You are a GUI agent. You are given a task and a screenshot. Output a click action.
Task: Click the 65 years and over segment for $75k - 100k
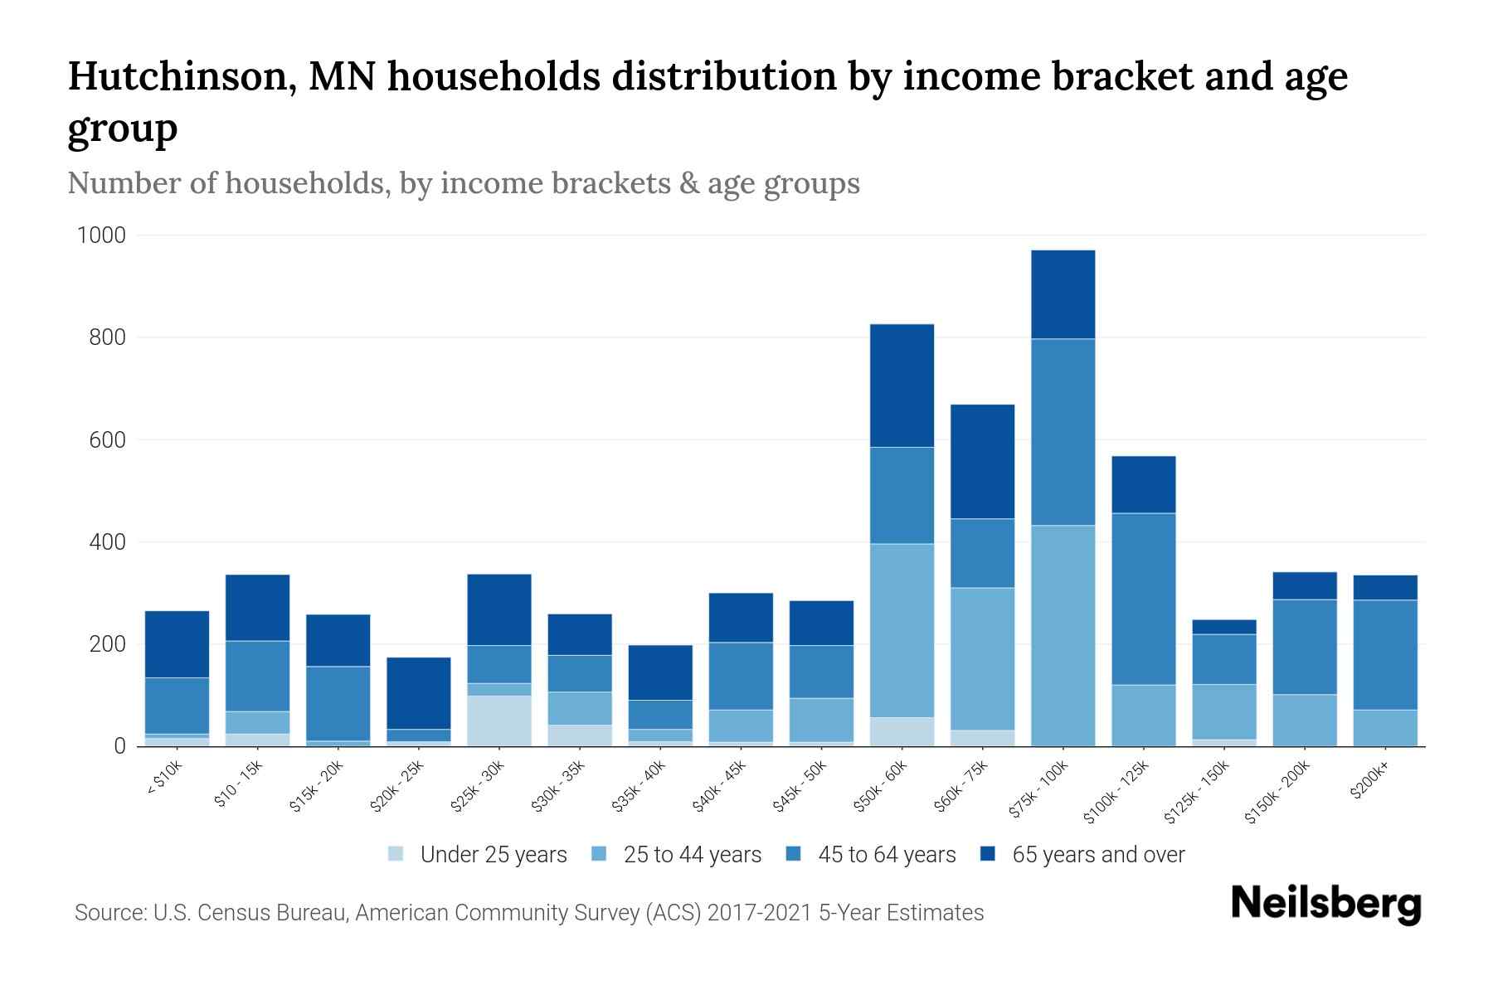click(1063, 294)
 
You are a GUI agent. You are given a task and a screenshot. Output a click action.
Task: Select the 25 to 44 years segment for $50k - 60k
click(902, 630)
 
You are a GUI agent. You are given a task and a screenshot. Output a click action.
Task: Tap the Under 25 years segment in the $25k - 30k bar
click(499, 721)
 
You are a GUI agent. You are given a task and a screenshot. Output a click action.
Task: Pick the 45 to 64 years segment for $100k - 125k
click(1143, 599)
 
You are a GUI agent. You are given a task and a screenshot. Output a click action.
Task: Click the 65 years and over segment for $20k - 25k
click(419, 693)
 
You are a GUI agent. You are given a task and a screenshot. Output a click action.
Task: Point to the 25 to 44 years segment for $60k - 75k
click(982, 658)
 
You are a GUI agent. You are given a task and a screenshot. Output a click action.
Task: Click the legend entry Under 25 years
click(493, 855)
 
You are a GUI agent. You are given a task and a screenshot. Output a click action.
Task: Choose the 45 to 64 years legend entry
click(886, 855)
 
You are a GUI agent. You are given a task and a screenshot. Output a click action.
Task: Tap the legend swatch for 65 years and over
click(988, 854)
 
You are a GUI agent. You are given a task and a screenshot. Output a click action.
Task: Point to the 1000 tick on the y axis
click(101, 235)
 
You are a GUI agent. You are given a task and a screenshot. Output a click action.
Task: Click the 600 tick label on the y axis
click(107, 440)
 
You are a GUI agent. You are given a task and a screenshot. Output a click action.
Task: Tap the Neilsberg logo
click(1325, 904)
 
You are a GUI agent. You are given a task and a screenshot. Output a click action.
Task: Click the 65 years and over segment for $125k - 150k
click(1223, 627)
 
